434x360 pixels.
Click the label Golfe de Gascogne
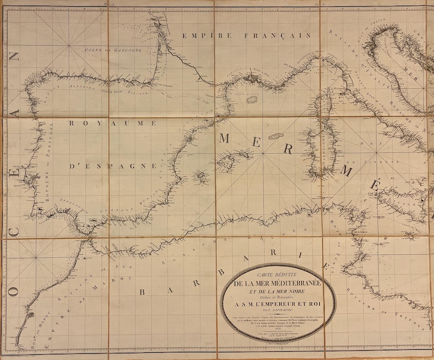coord(112,51)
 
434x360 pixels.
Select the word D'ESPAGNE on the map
coord(113,166)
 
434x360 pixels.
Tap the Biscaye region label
coord(136,93)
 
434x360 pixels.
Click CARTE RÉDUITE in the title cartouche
coord(278,276)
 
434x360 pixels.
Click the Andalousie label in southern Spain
coord(71,204)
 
